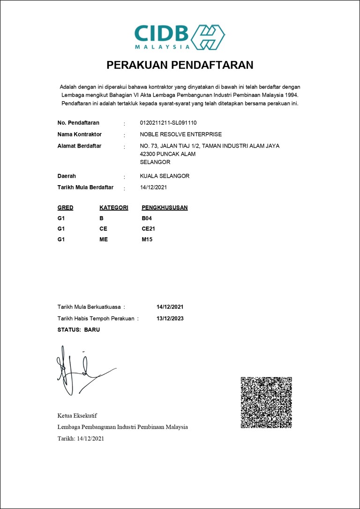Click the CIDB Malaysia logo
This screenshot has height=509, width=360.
point(180,37)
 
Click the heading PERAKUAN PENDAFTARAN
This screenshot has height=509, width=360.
point(180,65)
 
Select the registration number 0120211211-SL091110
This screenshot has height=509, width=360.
point(168,123)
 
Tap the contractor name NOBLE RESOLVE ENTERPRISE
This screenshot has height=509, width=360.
point(181,135)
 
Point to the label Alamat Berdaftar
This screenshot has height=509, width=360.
point(79,146)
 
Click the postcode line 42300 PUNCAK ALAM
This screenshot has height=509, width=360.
point(168,154)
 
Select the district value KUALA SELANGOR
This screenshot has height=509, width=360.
point(165,176)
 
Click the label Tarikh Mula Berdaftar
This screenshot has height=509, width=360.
point(85,187)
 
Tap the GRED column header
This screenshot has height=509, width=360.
point(65,208)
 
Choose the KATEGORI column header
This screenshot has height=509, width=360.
point(114,208)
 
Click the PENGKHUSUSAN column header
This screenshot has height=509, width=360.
point(165,208)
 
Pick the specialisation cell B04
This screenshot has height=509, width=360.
point(147,218)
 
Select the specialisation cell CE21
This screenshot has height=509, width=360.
point(148,229)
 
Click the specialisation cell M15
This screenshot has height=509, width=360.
point(147,240)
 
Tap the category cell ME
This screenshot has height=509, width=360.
point(104,240)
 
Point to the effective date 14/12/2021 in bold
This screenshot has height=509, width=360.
point(170,307)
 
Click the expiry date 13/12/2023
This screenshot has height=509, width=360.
point(170,319)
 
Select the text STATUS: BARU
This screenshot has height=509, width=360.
point(79,330)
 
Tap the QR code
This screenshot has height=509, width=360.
point(266,402)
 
